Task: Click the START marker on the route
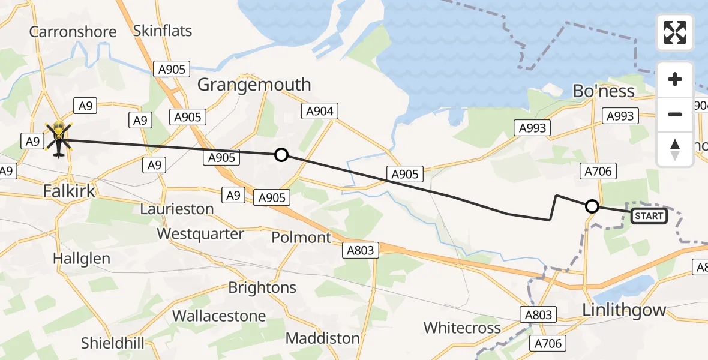click(x=649, y=216)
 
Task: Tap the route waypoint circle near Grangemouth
click(x=281, y=155)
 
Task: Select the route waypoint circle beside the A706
click(x=592, y=206)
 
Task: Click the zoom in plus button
click(x=675, y=79)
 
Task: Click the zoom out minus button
click(x=675, y=114)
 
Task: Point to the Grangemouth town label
click(x=254, y=85)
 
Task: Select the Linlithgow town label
click(x=624, y=310)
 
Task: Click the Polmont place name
click(x=301, y=238)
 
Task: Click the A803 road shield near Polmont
click(x=361, y=251)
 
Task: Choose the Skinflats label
click(x=163, y=31)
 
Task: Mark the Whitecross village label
click(x=462, y=328)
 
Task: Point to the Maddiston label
click(x=322, y=338)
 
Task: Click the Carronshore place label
click(x=73, y=31)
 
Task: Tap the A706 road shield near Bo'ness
click(x=598, y=172)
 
